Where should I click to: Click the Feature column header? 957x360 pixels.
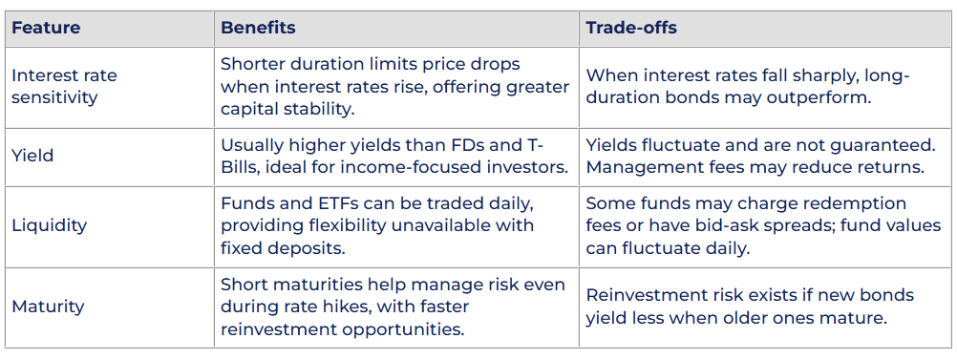click(46, 28)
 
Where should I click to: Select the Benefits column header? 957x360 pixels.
click(258, 28)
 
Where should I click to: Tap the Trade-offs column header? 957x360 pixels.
click(631, 28)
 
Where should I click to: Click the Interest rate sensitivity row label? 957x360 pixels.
click(64, 87)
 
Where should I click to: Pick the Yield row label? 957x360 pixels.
click(32, 156)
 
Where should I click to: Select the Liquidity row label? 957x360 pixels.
click(50, 225)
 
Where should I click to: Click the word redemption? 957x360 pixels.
click(860, 202)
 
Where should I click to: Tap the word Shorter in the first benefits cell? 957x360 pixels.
click(252, 63)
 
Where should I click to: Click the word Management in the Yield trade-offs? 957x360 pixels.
click(638, 167)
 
